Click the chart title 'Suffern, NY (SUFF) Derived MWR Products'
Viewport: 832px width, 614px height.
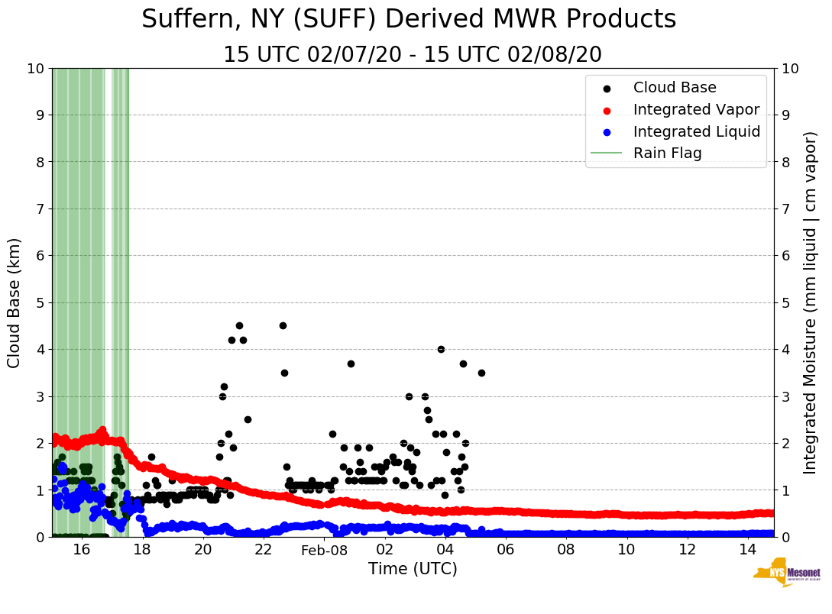point(409,19)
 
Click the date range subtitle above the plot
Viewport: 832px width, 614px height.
point(413,55)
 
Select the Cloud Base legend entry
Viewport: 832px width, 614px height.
point(675,88)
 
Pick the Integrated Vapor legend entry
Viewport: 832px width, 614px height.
point(696,110)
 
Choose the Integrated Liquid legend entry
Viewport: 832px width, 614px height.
point(696,131)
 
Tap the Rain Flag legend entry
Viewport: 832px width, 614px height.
point(667,153)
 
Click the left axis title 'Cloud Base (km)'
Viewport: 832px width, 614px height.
point(15,302)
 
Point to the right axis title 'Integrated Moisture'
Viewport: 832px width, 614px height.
point(811,302)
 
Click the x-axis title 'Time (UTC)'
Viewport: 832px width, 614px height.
point(413,569)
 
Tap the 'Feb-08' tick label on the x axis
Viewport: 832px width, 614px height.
point(324,550)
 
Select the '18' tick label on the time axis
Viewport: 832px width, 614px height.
point(142,549)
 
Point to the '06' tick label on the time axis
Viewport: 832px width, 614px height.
point(505,549)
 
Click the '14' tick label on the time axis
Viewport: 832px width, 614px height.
point(747,549)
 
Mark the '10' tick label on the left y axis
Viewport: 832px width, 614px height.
point(35,69)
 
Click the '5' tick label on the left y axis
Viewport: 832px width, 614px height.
point(40,303)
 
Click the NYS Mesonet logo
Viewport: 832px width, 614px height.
point(787,575)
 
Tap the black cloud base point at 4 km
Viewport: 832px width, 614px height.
point(441,349)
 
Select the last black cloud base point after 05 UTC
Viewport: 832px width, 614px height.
point(481,373)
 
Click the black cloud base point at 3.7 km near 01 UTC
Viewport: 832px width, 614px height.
point(351,364)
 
